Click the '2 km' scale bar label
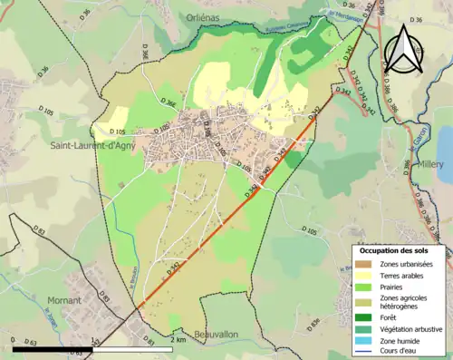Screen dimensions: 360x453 [x=178, y=339]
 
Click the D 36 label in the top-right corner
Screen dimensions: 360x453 [x=417, y=19]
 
